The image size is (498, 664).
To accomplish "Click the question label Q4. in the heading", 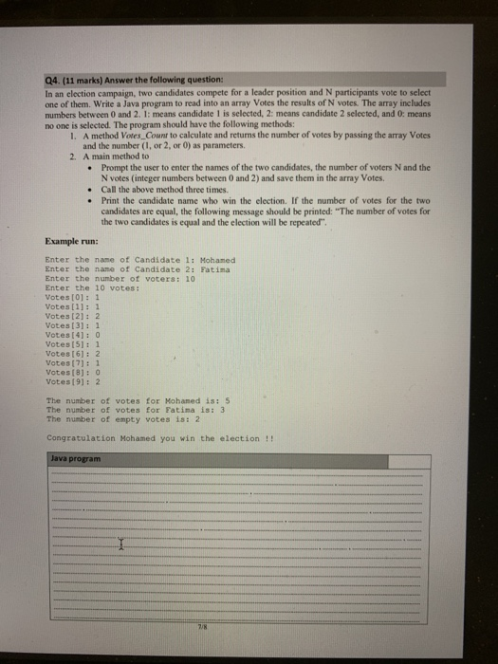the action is [53, 79].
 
